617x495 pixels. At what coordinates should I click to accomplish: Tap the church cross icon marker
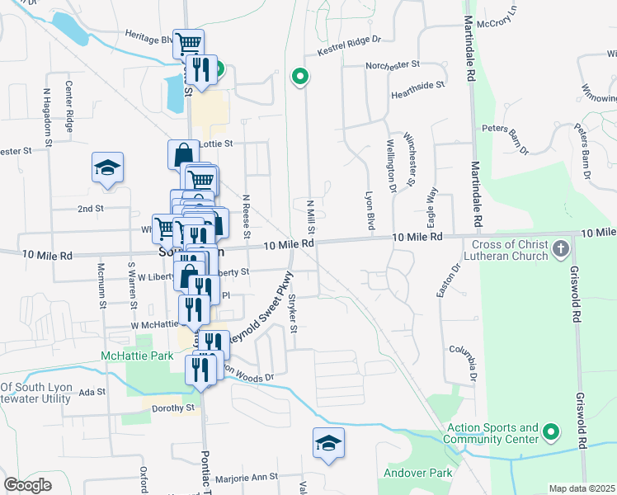click(560, 248)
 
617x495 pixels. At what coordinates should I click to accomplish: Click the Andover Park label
click(417, 474)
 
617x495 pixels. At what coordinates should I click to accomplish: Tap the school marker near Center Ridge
click(108, 168)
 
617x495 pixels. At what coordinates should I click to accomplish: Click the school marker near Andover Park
click(327, 443)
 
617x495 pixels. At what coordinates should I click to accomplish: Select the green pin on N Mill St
click(301, 78)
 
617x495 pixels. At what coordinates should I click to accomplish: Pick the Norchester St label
click(393, 64)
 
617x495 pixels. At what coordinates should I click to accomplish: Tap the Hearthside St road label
click(418, 84)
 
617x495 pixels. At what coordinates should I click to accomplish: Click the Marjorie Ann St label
click(247, 478)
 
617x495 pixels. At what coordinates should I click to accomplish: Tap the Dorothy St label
click(172, 407)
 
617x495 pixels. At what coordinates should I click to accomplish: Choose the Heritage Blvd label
click(149, 38)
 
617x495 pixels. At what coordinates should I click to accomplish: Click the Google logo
click(27, 485)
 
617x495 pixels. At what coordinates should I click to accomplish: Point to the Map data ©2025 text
click(582, 488)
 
